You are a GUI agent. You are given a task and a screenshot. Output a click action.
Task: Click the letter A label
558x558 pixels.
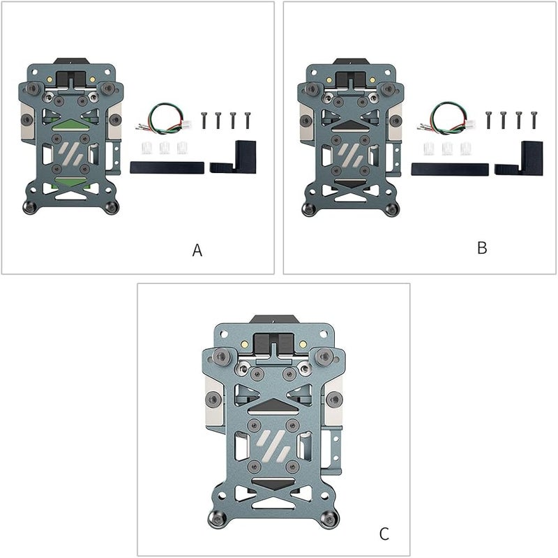197,250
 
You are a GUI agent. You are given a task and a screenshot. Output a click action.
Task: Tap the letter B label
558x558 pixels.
482,248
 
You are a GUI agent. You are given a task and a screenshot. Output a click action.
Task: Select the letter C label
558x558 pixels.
384,534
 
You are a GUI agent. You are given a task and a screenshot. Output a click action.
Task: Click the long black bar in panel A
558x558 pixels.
167,167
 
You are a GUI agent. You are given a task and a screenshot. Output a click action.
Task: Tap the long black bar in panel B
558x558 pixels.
450,169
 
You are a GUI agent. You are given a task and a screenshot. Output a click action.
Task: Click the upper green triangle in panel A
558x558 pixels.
70,125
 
